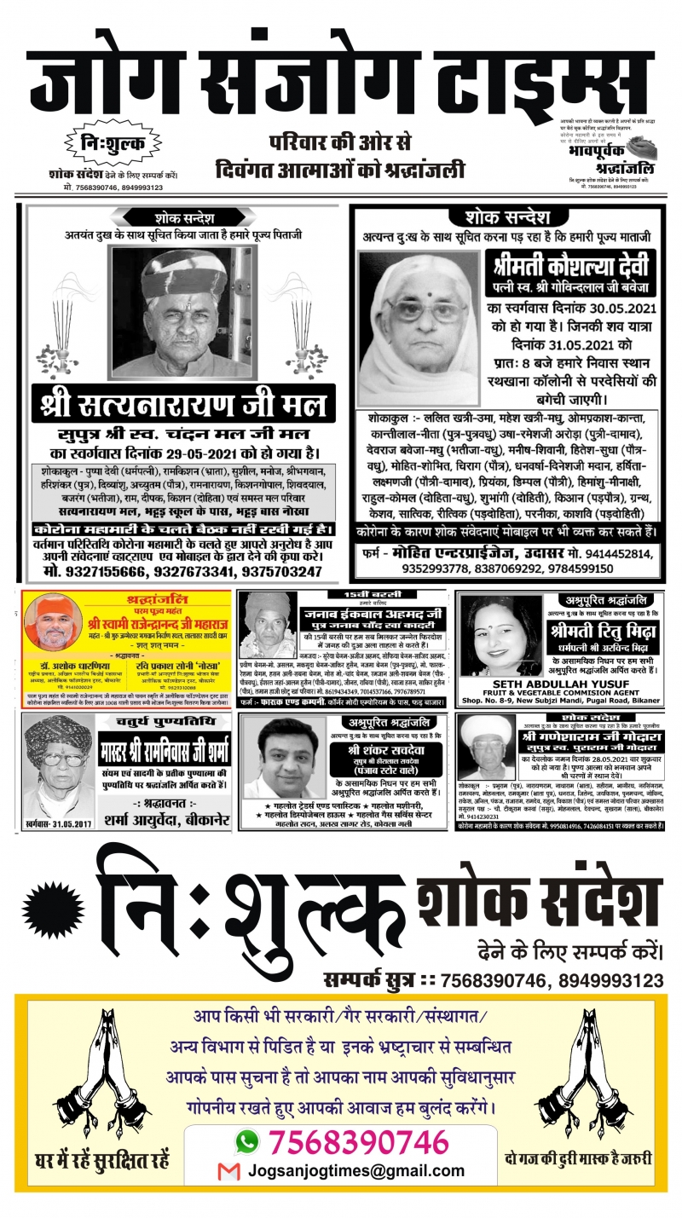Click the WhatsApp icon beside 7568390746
pos(246,1141)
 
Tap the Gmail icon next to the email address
pos(228,1172)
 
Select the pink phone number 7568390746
pos(358,1141)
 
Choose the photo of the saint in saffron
pos(54,621)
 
